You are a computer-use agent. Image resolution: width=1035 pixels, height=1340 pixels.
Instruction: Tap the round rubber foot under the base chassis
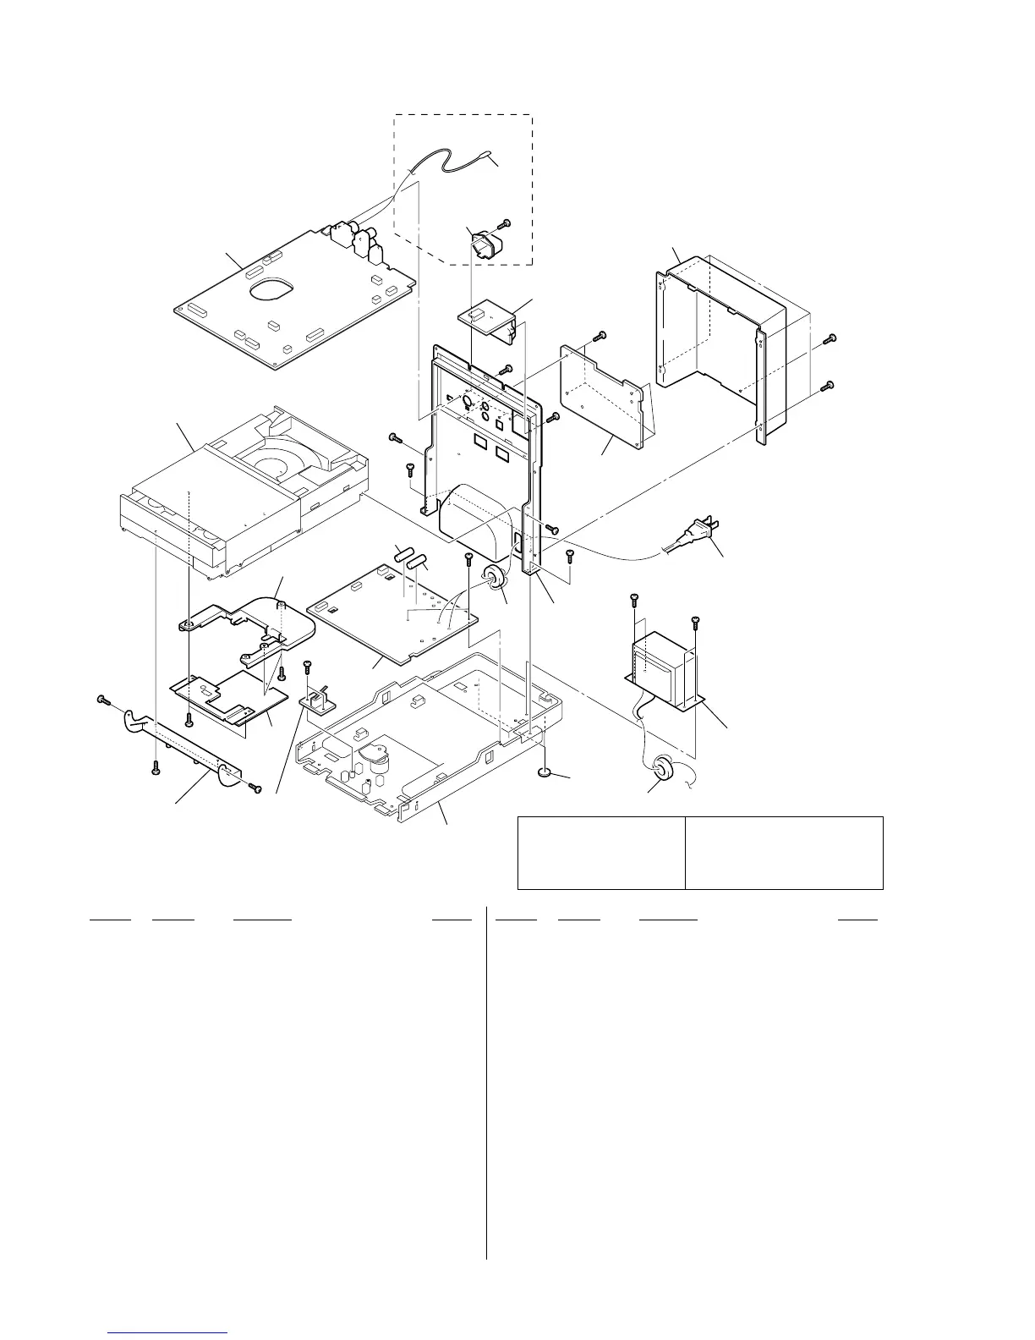tap(545, 772)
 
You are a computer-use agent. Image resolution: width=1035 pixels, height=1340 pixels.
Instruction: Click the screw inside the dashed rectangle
tap(505, 223)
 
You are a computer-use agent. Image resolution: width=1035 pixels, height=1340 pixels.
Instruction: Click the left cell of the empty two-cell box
tap(600, 852)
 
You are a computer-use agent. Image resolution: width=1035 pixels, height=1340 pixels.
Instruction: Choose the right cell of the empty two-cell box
tap(784, 852)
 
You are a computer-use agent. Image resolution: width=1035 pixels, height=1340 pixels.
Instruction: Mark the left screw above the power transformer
tap(632, 601)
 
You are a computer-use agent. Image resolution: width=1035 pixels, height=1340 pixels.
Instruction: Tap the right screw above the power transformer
tap(695, 621)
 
